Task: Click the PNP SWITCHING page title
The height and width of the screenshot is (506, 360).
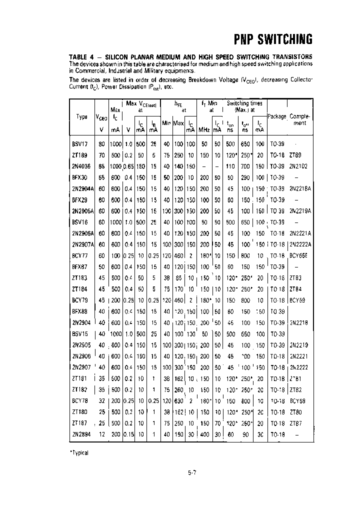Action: pyautogui.click(x=273, y=40)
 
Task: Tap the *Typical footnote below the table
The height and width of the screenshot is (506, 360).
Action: pyautogui.click(x=79, y=453)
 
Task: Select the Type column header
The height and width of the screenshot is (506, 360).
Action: pyautogui.click(x=82, y=116)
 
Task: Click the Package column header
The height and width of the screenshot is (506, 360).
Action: pyautogui.click(x=276, y=116)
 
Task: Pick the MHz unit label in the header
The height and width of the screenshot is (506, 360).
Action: pyautogui.click(x=204, y=129)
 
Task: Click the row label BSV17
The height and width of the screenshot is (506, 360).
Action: pyautogui.click(x=80, y=143)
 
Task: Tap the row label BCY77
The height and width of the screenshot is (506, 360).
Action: pyautogui.click(x=80, y=255)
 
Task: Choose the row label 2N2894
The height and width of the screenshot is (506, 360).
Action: pyautogui.click(x=81, y=434)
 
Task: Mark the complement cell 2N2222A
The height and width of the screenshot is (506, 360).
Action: pyautogui.click(x=300, y=244)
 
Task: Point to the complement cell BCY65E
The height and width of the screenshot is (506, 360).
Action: pyautogui.click(x=300, y=255)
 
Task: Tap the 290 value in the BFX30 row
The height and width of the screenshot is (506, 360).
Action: pyautogui.click(x=245, y=177)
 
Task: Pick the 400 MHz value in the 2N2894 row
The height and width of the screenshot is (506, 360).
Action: pyautogui.click(x=204, y=434)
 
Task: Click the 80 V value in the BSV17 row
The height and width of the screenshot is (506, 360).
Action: pyautogui.click(x=102, y=143)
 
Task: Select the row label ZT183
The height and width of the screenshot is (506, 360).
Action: pyautogui.click(x=79, y=278)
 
